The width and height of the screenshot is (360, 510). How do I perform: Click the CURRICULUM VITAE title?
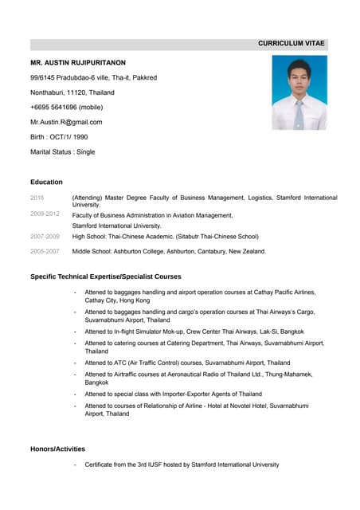292,45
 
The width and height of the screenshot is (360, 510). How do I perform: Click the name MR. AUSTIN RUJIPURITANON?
78,62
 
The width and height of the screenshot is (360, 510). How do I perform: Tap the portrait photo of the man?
299,92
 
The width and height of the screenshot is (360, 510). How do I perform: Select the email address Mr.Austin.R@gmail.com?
66,122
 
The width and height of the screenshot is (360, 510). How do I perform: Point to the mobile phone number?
66,107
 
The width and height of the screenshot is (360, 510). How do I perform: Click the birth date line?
59,137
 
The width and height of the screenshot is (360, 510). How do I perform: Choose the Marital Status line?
62,151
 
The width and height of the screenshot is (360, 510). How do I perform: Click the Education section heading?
46,182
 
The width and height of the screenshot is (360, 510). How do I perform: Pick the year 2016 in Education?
37,197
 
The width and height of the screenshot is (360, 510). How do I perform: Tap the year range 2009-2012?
45,214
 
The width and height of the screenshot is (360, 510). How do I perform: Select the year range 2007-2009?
45,237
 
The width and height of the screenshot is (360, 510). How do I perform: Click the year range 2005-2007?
45,252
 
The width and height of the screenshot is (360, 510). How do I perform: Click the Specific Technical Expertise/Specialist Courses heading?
106,277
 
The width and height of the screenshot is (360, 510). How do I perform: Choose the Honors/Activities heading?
57,449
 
